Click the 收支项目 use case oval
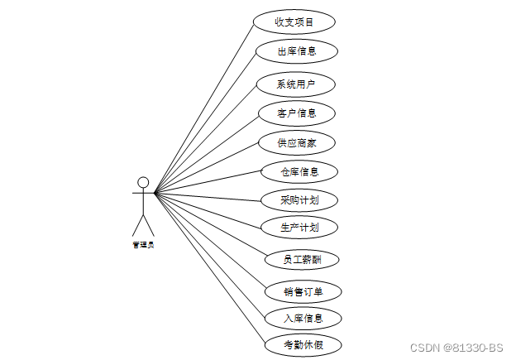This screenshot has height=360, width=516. (x=294, y=22)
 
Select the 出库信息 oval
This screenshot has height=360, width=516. (x=296, y=51)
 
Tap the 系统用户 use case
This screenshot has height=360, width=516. (x=295, y=84)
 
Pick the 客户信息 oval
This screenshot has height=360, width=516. (x=297, y=113)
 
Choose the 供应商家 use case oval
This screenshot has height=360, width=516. (x=297, y=142)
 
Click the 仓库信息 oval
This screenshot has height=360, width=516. (x=299, y=172)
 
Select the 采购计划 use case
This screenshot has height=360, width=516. (x=299, y=199)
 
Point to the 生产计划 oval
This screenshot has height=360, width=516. (x=299, y=226)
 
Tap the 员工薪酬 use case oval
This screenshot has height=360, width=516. (x=301, y=259)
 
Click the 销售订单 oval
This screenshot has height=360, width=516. (x=302, y=291)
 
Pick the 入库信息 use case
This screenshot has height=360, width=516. (x=302, y=318)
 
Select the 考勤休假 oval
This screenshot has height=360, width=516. (x=302, y=344)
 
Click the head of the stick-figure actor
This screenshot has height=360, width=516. (x=143, y=182)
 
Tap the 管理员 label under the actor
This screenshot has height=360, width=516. (x=143, y=245)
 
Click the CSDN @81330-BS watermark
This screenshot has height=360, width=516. (x=456, y=347)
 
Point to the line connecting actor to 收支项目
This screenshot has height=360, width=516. (x=203, y=107)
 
